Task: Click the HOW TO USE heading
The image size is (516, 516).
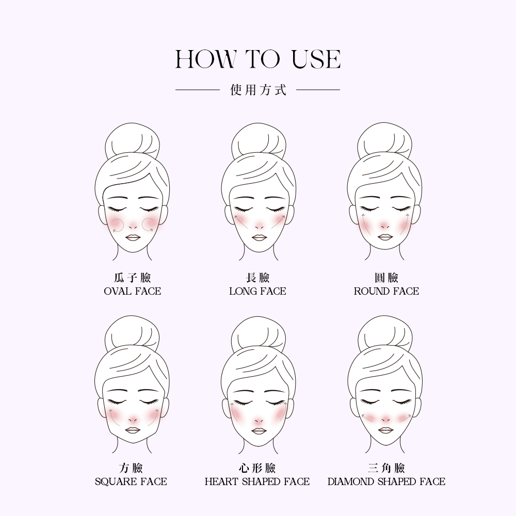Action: pos(257,59)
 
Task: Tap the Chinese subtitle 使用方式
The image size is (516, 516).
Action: pos(259,89)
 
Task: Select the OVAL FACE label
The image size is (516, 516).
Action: pos(132,291)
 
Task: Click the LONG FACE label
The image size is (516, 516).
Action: pos(257,291)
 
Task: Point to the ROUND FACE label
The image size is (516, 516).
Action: pos(386,291)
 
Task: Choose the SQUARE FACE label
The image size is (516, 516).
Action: pos(131,482)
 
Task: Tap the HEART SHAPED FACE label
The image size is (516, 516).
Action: pos(257,482)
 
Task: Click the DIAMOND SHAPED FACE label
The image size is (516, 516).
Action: pos(386,482)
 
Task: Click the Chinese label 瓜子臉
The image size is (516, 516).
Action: pos(132,278)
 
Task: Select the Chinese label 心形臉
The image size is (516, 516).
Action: pos(257,468)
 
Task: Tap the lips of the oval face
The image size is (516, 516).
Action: pos(133,238)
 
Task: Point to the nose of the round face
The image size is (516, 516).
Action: pos(385,226)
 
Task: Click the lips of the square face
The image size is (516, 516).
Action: pos(133,430)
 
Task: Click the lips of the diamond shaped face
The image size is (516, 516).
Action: pos(385,430)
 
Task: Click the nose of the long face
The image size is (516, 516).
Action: pos(259,226)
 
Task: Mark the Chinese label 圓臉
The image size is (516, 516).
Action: pos(386,278)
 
